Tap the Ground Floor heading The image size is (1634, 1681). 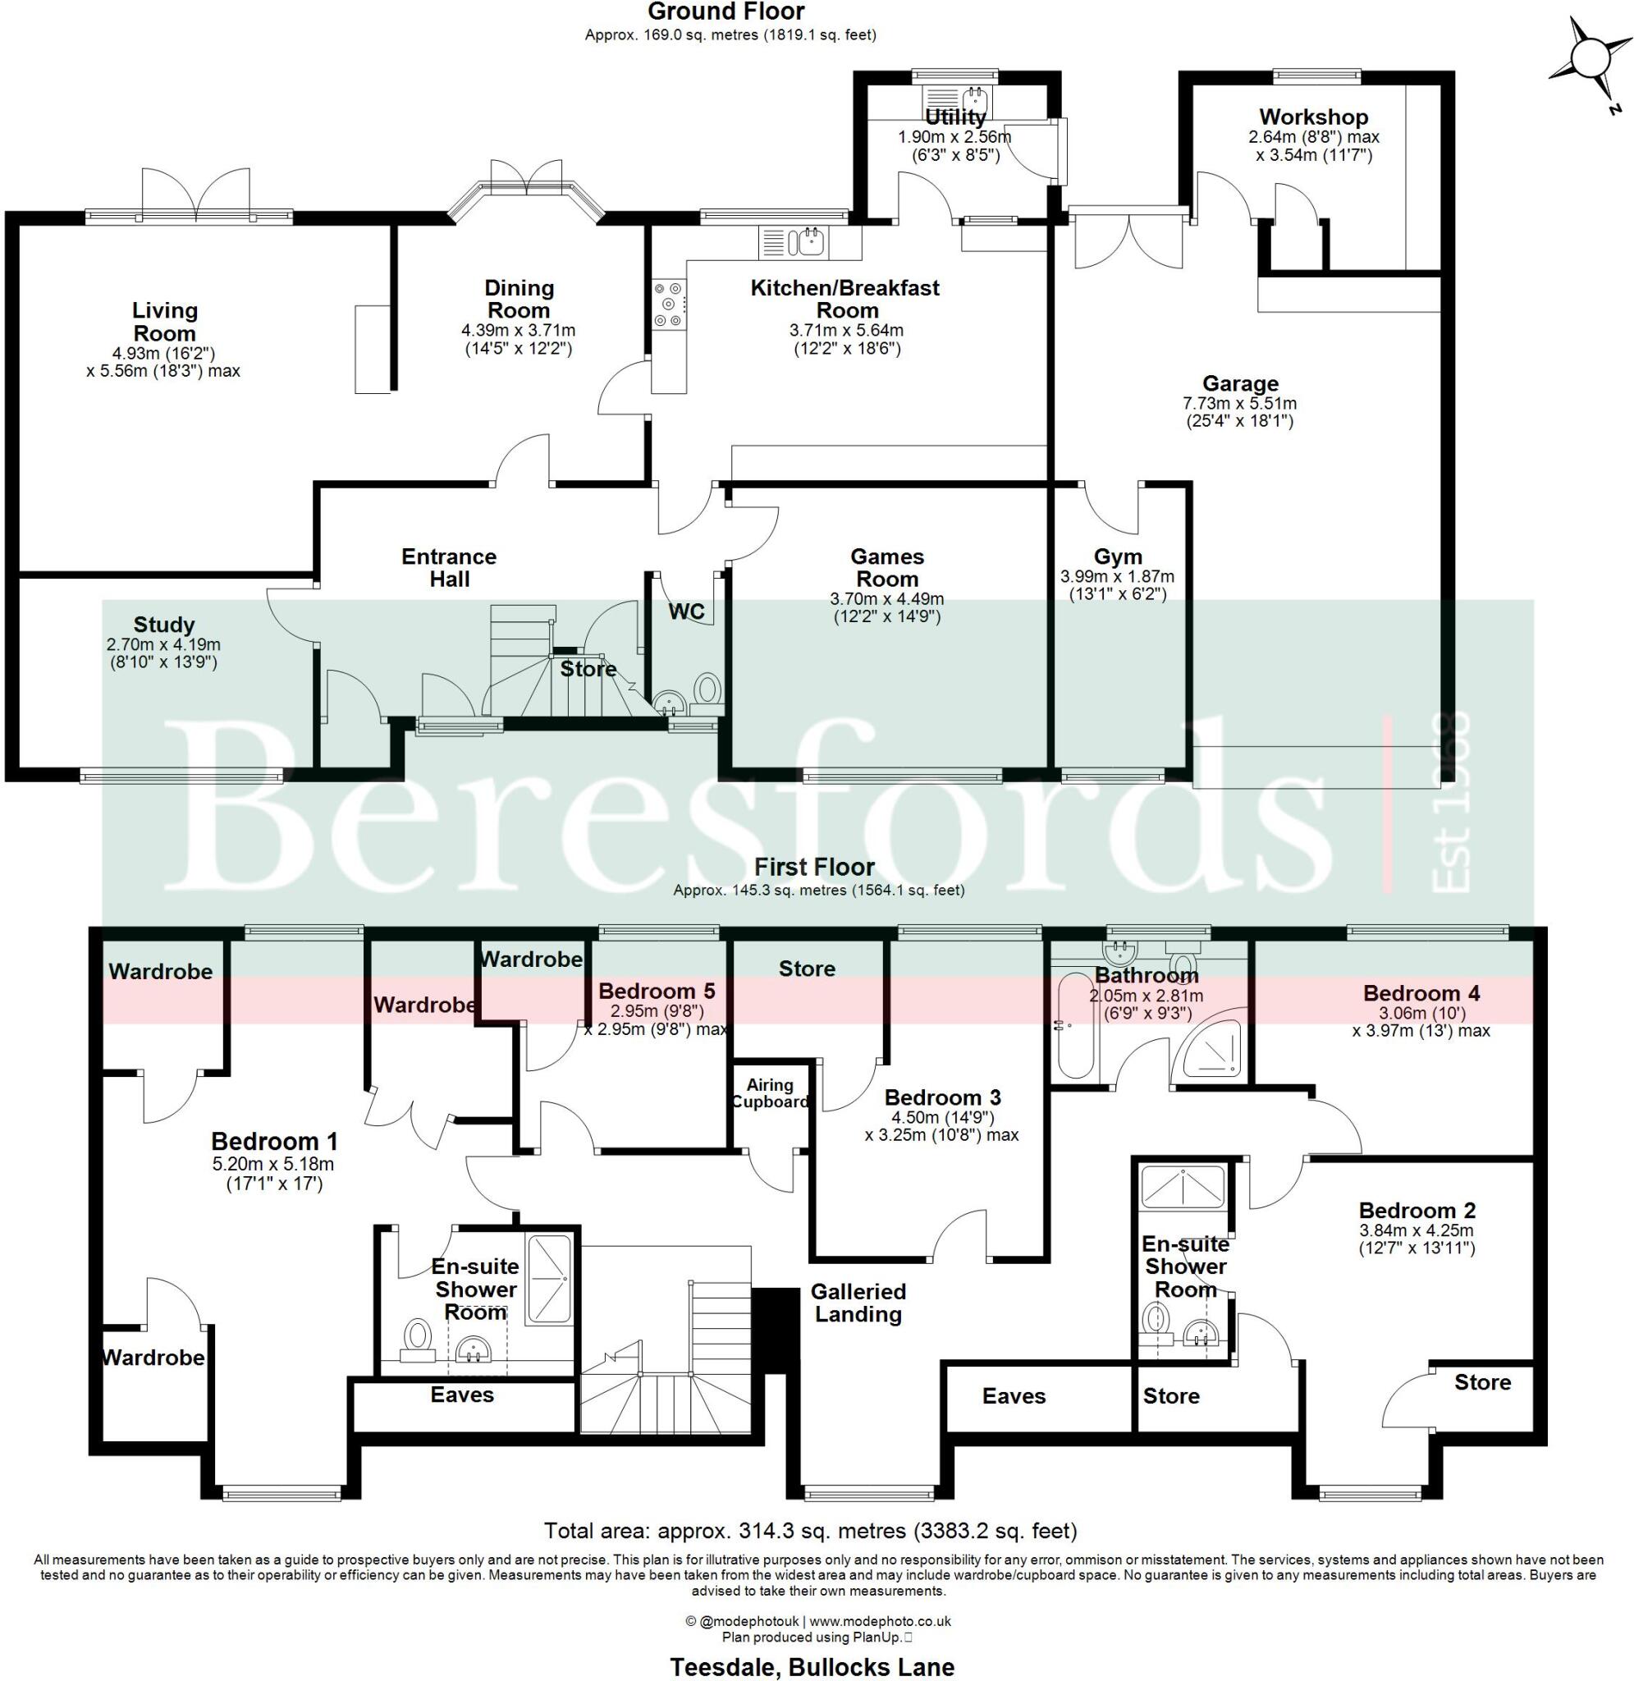tap(725, 12)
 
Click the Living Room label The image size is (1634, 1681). tap(164, 322)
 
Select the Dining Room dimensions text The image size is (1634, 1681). tap(519, 340)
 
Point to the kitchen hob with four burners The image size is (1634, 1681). tap(669, 305)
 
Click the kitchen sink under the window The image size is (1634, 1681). tap(809, 242)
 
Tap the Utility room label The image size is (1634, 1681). tap(954, 117)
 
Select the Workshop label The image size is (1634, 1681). tap(1313, 117)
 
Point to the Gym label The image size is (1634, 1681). tap(1117, 557)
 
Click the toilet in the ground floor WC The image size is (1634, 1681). tap(707, 689)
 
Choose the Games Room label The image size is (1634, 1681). tap(886, 568)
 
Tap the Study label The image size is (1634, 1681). tap(163, 625)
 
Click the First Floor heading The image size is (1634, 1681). tap(814, 868)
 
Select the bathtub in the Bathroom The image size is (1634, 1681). tap(1073, 1024)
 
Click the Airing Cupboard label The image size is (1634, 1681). tap(770, 1093)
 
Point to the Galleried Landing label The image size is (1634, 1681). tap(858, 1303)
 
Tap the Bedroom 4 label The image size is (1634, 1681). tap(1421, 994)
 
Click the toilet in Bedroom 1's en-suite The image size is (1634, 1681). tap(418, 1335)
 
